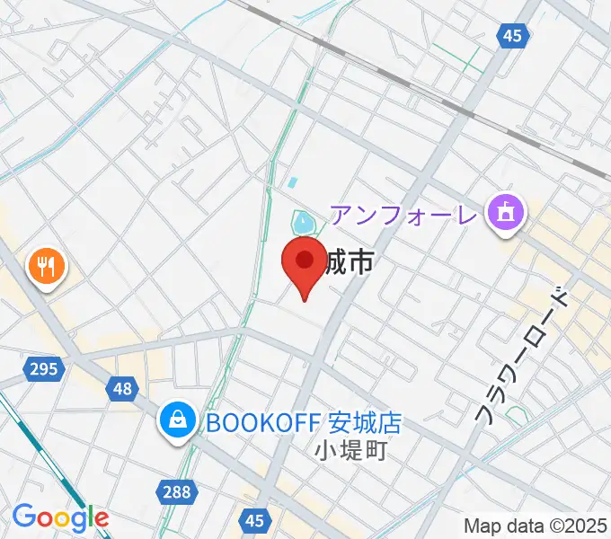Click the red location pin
(x=304, y=264)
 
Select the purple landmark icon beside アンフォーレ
(x=506, y=214)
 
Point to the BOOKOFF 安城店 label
(x=303, y=421)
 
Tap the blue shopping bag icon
(x=179, y=419)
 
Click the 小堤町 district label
(x=351, y=450)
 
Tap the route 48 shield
(x=122, y=388)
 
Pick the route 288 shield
(x=176, y=490)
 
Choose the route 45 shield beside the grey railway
(x=512, y=36)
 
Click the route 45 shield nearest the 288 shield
(x=255, y=520)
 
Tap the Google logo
(x=60, y=517)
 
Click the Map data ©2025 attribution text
(x=536, y=526)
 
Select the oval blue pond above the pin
(x=304, y=221)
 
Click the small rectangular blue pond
(x=292, y=182)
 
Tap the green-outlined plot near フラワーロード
(x=516, y=415)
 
